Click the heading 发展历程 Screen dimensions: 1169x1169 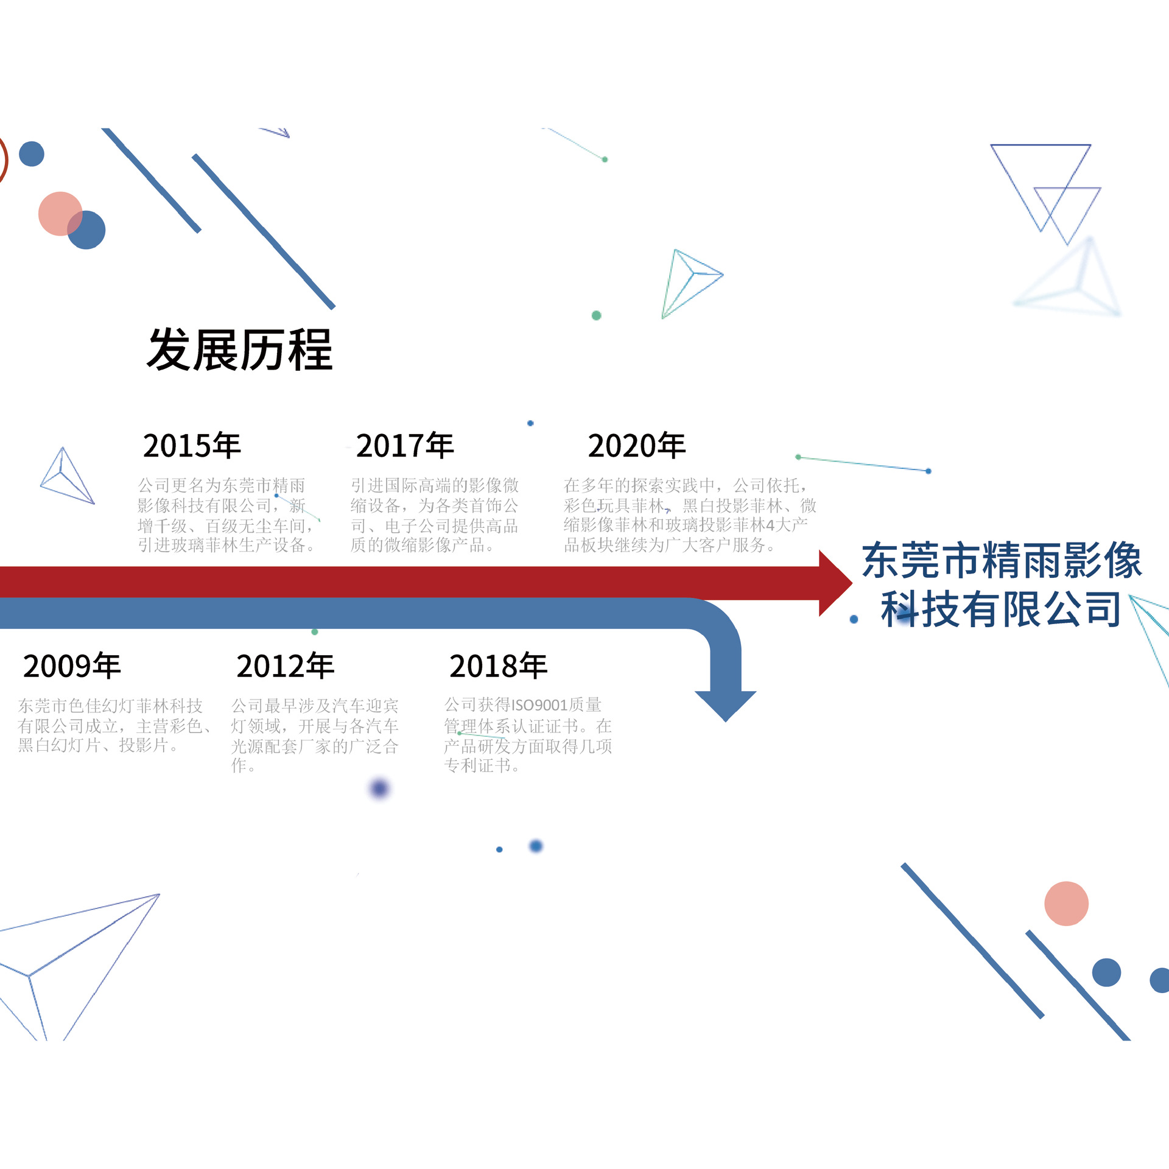click(239, 350)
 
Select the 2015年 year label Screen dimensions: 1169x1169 click(192, 446)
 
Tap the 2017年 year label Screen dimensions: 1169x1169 click(405, 446)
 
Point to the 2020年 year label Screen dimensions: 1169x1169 click(637, 446)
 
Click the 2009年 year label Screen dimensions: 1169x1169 click(72, 666)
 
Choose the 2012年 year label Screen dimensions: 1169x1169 click(285, 666)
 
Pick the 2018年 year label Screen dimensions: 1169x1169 click(498, 666)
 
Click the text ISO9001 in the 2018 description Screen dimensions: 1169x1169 click(539, 705)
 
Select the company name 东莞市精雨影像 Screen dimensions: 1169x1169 click(1002, 560)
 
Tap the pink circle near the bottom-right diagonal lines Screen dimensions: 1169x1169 click(1066, 904)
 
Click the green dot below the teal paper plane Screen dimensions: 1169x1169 click(597, 315)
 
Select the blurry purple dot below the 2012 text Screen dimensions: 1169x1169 click(379, 789)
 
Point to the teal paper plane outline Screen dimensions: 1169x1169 click(689, 282)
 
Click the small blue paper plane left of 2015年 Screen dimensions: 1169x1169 click(66, 479)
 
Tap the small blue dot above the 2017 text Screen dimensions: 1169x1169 click(530, 423)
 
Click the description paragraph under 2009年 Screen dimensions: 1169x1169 click(113, 725)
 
